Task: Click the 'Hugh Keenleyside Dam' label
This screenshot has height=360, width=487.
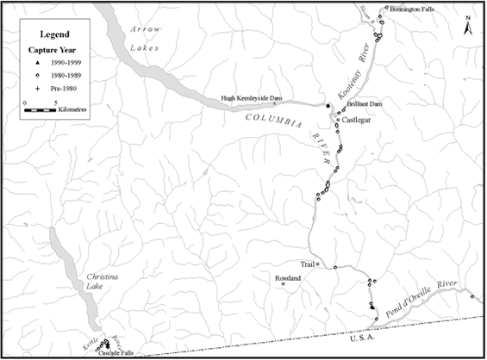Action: tap(253, 99)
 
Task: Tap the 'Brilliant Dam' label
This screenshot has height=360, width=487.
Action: tap(364, 103)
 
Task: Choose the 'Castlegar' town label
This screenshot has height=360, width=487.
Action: tap(357, 121)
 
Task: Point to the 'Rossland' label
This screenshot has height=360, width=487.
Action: tap(286, 279)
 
